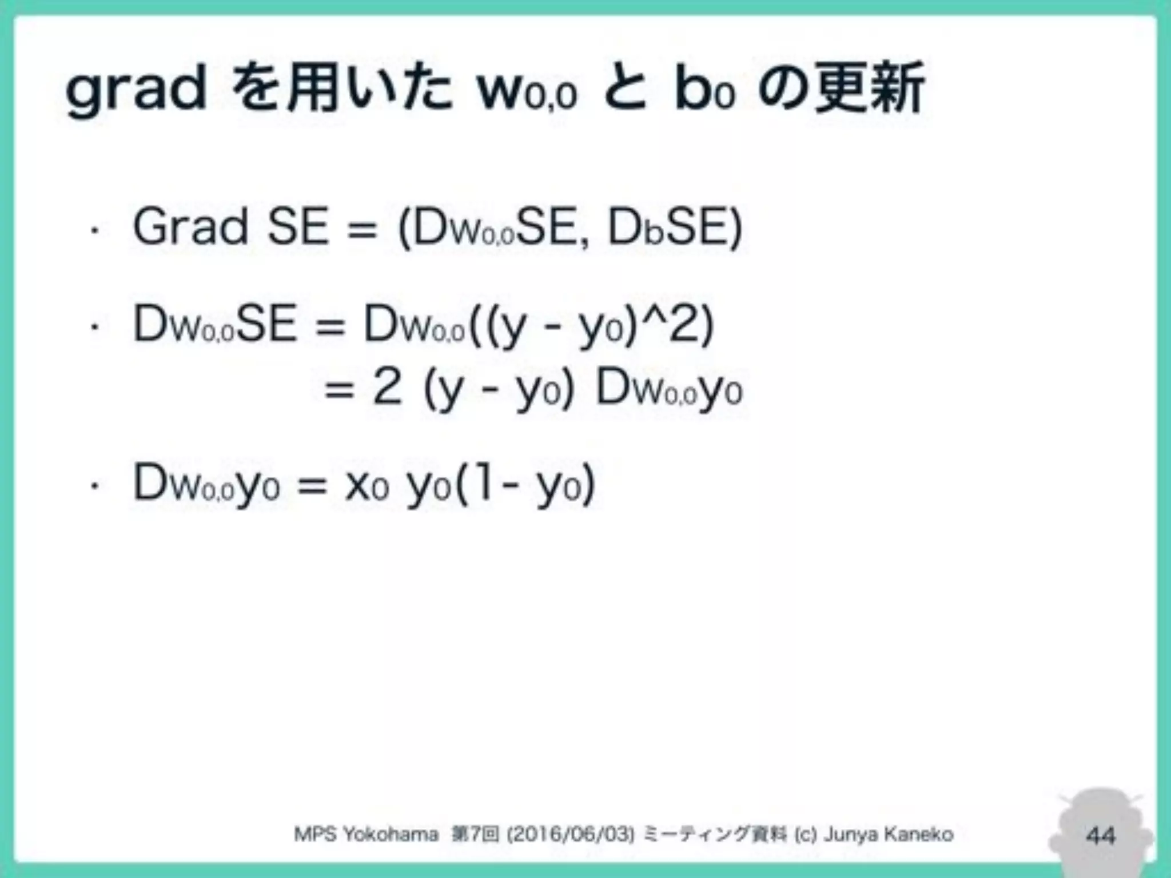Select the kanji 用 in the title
[x=313, y=87]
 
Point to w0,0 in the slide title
[x=527, y=91]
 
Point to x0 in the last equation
[x=367, y=485]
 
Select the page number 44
[x=1101, y=836]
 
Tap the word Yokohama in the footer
[x=391, y=835]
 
